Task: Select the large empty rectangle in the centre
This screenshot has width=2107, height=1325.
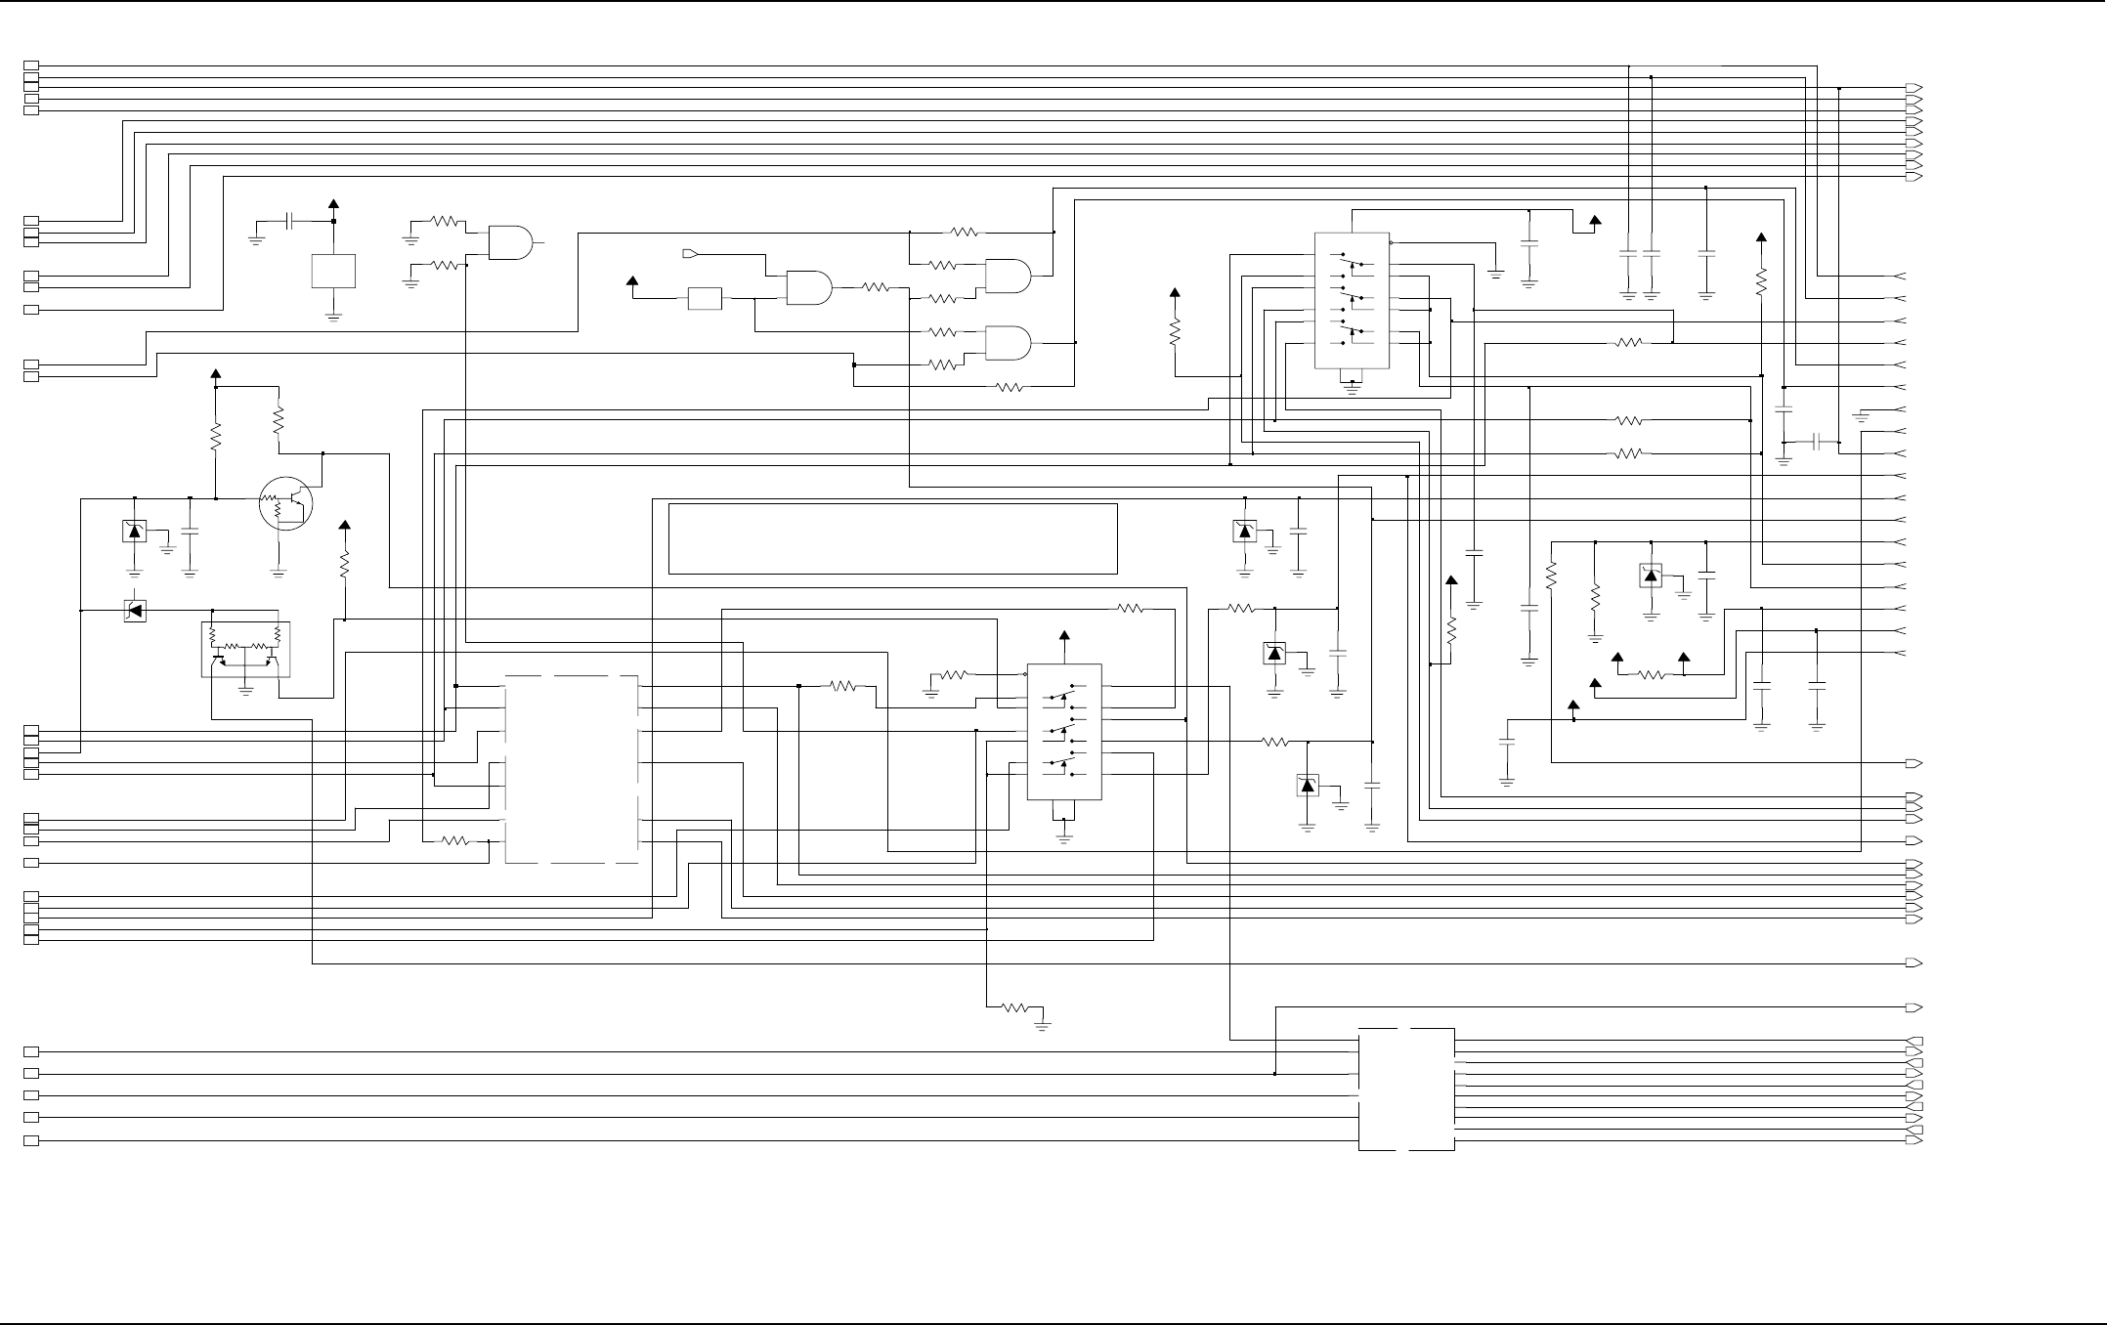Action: click(x=892, y=538)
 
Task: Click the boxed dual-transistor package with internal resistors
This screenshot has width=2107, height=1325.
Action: click(x=246, y=649)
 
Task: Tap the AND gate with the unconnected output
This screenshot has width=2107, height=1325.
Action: click(x=510, y=242)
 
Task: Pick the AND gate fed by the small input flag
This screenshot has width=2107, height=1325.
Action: click(x=808, y=287)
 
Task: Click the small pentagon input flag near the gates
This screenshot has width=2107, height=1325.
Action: click(x=689, y=254)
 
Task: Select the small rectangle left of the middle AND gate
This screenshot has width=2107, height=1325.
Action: click(x=705, y=298)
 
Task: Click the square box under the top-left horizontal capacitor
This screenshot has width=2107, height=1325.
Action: click(x=333, y=271)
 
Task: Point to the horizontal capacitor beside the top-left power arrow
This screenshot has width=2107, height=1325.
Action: click(x=289, y=222)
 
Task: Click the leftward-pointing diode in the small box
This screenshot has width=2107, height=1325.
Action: click(x=135, y=611)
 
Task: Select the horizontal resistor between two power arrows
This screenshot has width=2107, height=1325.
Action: click(x=1651, y=674)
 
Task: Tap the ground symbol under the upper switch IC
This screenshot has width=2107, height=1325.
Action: click(x=1353, y=387)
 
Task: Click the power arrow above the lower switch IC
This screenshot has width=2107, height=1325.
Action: click(x=1064, y=636)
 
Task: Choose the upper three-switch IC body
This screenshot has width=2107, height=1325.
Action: click(x=1352, y=300)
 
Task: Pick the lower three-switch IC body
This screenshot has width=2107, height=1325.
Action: click(x=1064, y=732)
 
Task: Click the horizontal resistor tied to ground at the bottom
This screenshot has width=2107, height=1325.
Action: click(x=1015, y=1007)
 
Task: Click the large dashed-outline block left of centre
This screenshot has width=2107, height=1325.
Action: click(x=572, y=769)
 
